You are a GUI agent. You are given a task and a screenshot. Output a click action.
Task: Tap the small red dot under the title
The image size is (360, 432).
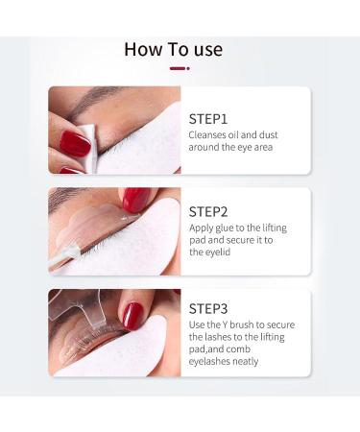pyautogui.click(x=188, y=68)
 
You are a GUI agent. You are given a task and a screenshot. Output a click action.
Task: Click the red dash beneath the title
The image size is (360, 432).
pyautogui.click(x=177, y=68)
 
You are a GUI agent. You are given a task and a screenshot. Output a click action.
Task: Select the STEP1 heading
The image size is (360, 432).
pyautogui.click(x=208, y=119)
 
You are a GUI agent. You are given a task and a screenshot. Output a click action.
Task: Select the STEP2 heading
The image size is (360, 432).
pyautogui.click(x=209, y=211)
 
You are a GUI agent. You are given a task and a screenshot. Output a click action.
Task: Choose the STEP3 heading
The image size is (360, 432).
pyautogui.click(x=209, y=308)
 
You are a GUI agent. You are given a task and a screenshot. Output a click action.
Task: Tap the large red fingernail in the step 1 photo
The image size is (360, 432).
pyautogui.click(x=73, y=144)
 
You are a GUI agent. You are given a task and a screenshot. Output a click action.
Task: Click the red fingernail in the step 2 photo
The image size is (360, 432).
pyautogui.click(x=135, y=199)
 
